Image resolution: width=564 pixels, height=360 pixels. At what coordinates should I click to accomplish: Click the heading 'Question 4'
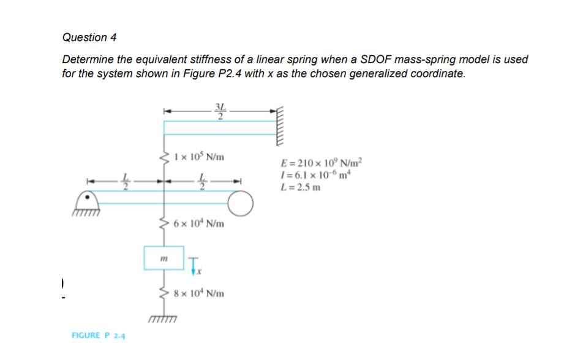point(89,38)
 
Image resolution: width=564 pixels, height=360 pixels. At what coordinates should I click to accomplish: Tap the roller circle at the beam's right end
point(241,204)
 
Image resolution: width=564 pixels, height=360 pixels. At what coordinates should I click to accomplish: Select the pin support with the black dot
point(88,199)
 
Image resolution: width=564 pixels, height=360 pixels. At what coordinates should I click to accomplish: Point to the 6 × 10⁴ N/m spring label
point(199,224)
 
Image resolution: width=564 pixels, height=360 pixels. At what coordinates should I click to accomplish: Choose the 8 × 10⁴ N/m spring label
point(199,294)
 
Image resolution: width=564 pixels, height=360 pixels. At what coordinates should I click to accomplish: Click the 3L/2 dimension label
point(219,113)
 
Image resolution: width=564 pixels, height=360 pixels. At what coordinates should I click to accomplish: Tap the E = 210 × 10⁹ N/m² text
point(321,164)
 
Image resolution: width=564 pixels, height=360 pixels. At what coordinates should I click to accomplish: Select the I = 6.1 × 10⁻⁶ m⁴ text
point(318,175)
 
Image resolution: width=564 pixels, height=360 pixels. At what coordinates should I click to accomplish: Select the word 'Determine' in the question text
point(88,60)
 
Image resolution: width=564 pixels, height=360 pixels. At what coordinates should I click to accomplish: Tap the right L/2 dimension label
point(203,182)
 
